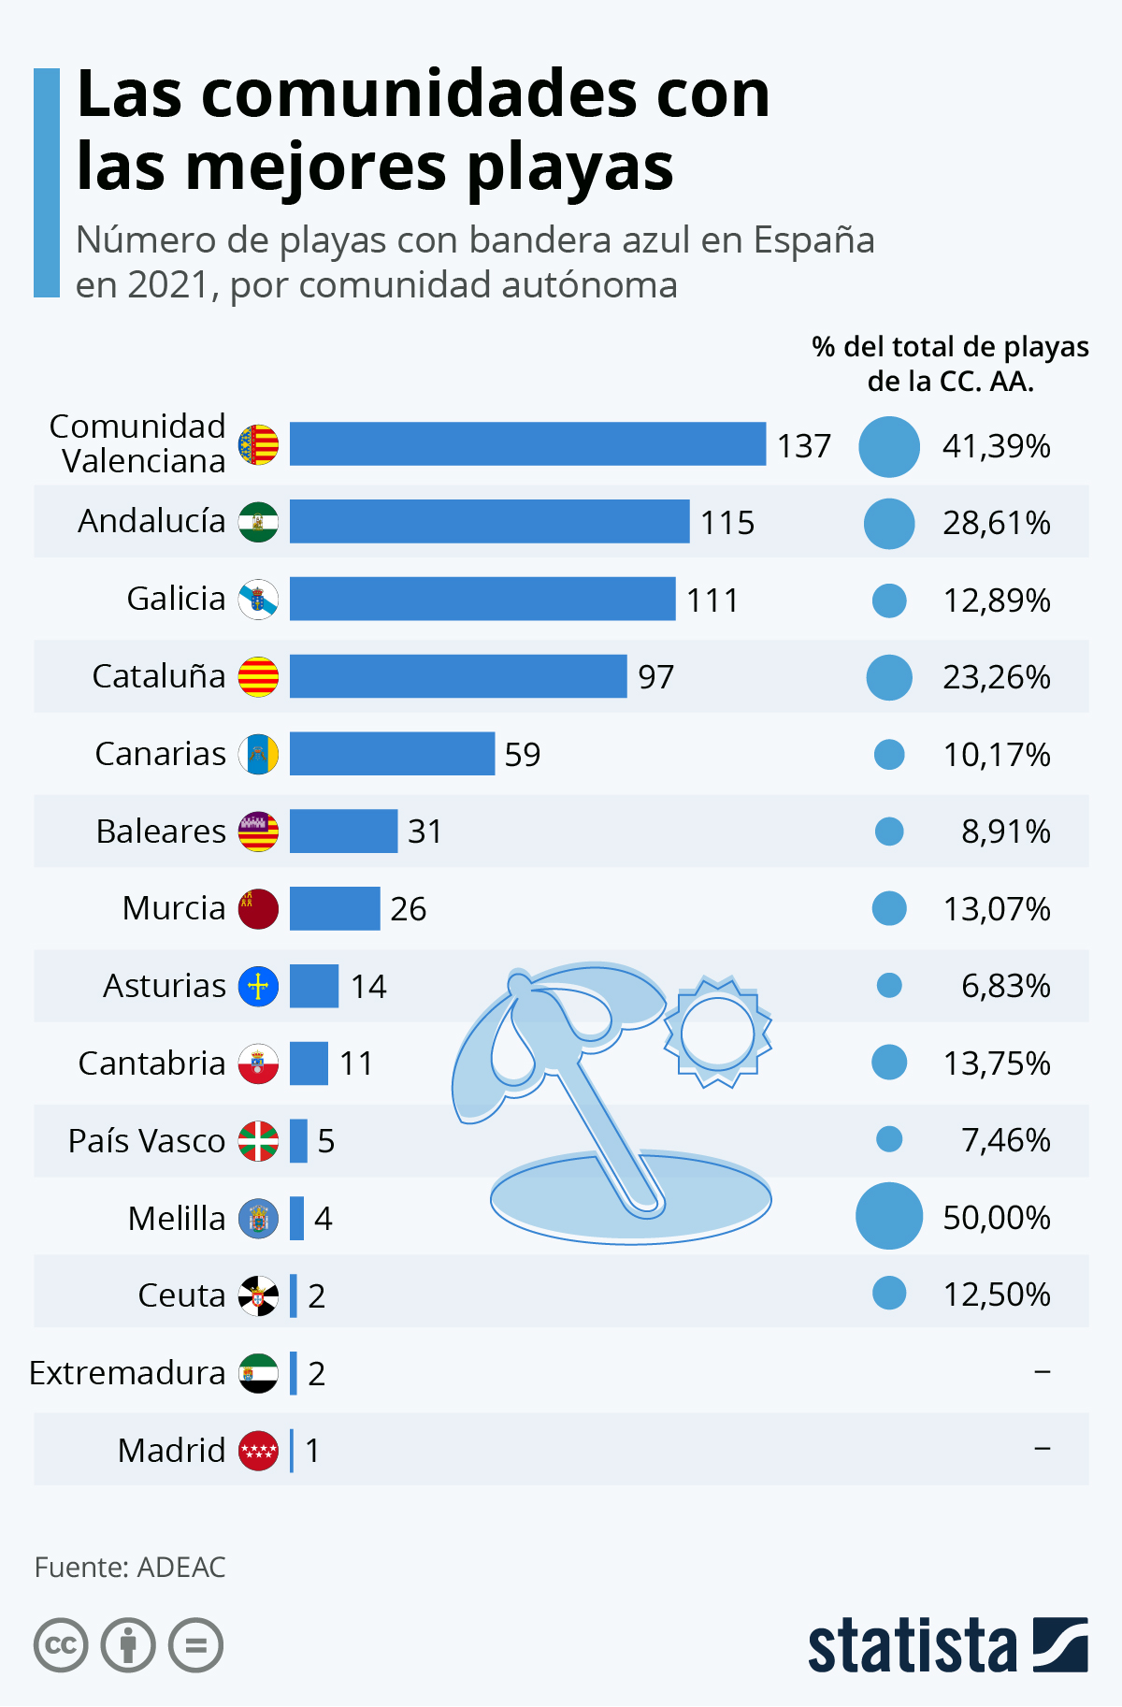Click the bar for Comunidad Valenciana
pos(527,444)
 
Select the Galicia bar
pos(482,599)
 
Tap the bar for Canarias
pos(392,754)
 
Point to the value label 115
pos(727,523)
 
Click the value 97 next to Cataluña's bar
pos(655,677)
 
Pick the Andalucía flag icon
pos(258,522)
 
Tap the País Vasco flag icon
pos(258,1141)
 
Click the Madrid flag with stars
pos(258,1451)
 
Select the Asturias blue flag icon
pos(258,987)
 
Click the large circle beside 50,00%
pos(889,1216)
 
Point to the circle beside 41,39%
pos(889,446)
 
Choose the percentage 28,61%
pos(996,523)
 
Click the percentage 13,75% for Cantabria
pos(996,1063)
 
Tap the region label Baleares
pos(161,832)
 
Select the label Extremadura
pos(127,1373)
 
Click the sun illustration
pos(717,1033)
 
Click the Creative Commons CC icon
pos(61,1645)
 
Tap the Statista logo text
pos(912,1646)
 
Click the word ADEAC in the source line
pos(181,1568)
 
